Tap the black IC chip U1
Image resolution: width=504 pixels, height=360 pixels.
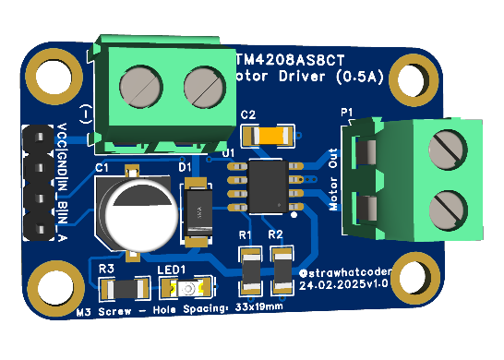pos(269,184)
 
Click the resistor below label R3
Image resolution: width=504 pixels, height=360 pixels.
pos(124,289)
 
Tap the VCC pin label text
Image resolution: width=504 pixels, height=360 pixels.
pos(61,134)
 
